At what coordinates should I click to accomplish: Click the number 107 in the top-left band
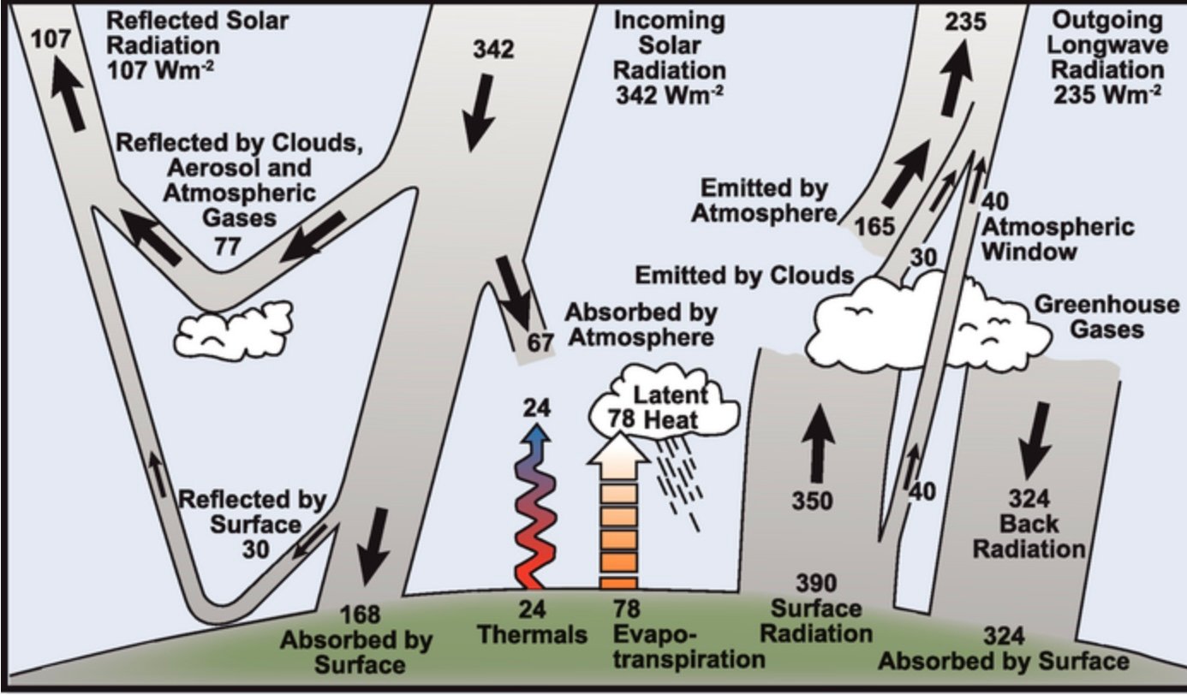pyautogui.click(x=51, y=39)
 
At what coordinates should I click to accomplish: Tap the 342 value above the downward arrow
pyautogui.click(x=493, y=50)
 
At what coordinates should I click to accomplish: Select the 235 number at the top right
pyautogui.click(x=965, y=21)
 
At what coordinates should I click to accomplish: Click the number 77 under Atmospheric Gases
pyautogui.click(x=227, y=247)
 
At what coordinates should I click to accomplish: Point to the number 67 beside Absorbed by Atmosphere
pyautogui.click(x=540, y=343)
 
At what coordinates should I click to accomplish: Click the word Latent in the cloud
pyautogui.click(x=671, y=395)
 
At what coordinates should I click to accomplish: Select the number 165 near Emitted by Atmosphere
pyautogui.click(x=875, y=227)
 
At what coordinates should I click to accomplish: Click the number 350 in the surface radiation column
pyautogui.click(x=813, y=501)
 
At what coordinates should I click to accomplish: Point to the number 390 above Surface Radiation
pyautogui.click(x=816, y=583)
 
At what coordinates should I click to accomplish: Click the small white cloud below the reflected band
pyautogui.click(x=234, y=330)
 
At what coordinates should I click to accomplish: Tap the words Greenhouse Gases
pyautogui.click(x=1107, y=317)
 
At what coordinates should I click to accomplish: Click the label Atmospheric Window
pyautogui.click(x=1059, y=240)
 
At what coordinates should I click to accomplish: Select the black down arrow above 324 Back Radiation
pyautogui.click(x=1035, y=441)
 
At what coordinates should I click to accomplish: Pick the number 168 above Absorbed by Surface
pyautogui.click(x=360, y=615)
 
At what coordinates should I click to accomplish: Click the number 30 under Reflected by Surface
pyautogui.click(x=256, y=549)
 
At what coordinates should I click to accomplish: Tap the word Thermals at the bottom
pyautogui.click(x=533, y=634)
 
